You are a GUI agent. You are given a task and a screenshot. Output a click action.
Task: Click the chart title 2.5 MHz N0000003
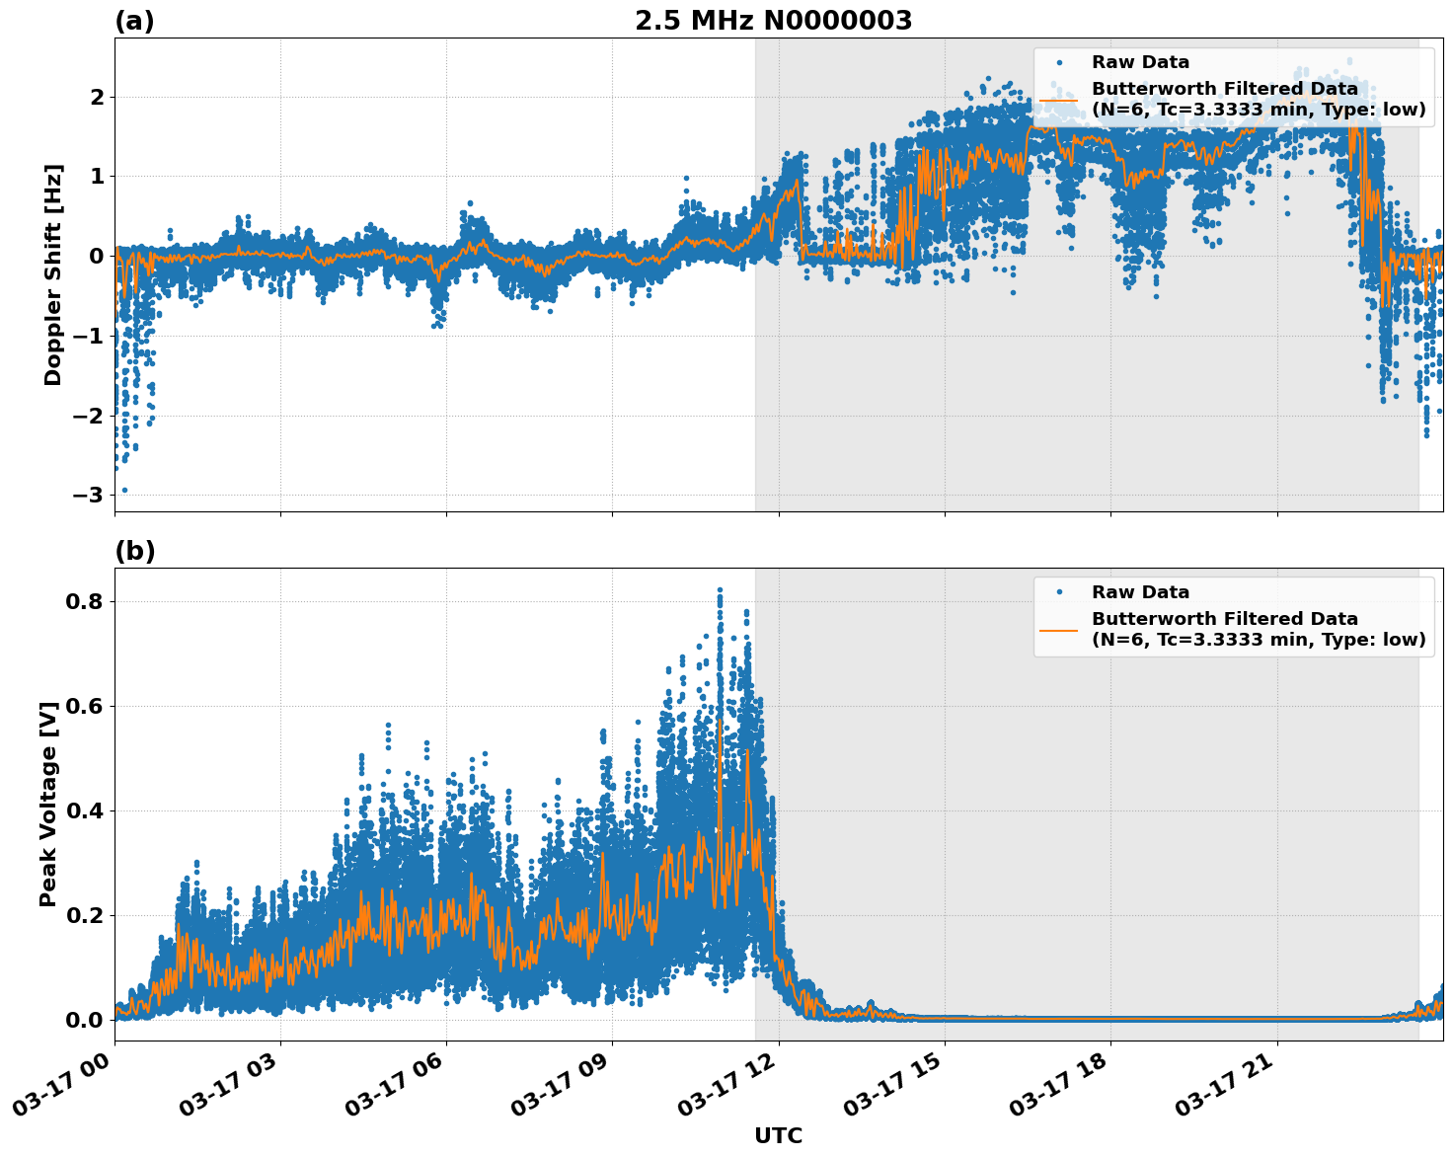[773, 21]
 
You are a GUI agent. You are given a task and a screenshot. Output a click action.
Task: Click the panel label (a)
[134, 21]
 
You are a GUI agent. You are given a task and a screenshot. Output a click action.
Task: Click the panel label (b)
[134, 551]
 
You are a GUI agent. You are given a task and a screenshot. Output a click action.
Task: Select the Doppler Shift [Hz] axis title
[53, 274]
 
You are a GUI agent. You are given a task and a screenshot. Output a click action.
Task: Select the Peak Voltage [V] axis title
[48, 804]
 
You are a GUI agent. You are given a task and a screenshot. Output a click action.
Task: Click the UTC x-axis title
[778, 1135]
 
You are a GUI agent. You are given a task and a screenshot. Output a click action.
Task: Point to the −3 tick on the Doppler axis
[89, 495]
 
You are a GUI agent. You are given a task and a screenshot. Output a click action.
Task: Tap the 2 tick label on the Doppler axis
[97, 97]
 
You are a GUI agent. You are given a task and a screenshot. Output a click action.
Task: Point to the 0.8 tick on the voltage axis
[84, 601]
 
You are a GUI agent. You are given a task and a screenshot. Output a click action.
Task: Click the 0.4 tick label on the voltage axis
[84, 810]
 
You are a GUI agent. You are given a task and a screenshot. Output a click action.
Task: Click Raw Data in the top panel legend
[1140, 62]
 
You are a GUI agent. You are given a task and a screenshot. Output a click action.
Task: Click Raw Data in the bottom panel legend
[1140, 592]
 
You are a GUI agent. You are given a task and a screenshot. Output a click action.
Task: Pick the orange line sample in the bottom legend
[1058, 629]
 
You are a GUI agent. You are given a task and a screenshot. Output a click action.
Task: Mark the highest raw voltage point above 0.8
[720, 590]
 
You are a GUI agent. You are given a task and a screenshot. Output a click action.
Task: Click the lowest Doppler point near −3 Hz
[123, 490]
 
